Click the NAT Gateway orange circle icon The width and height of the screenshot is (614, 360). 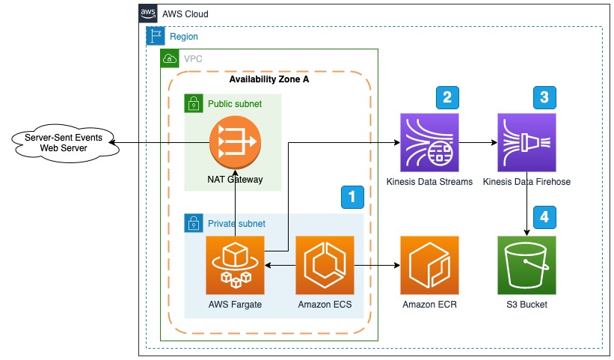(235, 141)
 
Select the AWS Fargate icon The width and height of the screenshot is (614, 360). (235, 265)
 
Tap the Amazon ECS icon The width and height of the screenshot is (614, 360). (325, 265)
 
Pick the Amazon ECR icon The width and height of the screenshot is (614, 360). (429, 265)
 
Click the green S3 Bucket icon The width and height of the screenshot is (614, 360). (526, 265)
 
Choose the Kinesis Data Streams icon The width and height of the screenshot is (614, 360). (429, 142)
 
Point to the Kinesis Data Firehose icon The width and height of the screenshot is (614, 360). (526, 142)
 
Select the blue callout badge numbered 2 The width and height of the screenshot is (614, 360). (447, 97)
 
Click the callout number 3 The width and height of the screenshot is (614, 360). (544, 97)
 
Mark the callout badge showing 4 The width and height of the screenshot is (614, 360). (544, 218)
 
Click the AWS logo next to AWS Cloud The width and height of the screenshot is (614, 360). (148, 13)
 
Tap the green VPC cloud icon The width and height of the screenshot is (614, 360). (170, 58)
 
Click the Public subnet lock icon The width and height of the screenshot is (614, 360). (194, 103)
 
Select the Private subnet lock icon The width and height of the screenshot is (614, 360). (194, 223)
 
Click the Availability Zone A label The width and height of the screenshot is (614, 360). (268, 80)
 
